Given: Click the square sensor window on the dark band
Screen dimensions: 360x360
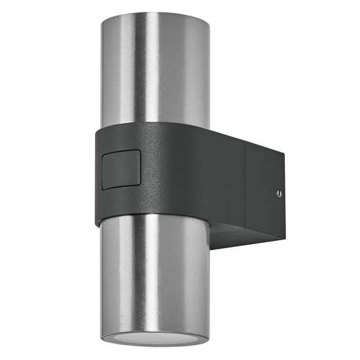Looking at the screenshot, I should point(121,170).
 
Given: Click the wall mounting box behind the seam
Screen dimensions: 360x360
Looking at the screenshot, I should point(265,196).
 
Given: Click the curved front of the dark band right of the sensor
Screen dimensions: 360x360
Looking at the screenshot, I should point(170,171).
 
